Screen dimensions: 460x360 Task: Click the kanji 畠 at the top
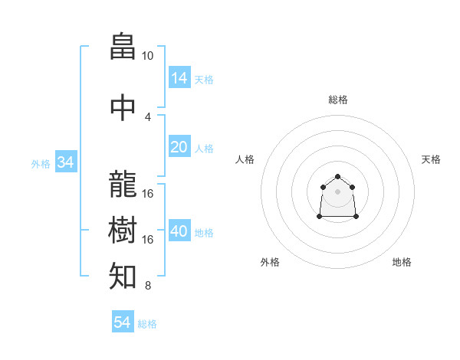(123, 46)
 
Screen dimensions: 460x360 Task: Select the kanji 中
(123, 107)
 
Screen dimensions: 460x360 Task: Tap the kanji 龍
(123, 184)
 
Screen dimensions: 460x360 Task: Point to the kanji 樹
(123, 230)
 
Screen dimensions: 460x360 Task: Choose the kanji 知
(123, 276)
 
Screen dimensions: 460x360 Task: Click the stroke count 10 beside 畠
(147, 56)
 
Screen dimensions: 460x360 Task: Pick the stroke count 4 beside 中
(148, 117)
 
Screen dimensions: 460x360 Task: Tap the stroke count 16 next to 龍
(147, 194)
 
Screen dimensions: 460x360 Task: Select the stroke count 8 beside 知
(148, 285)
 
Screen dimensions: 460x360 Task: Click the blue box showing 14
(179, 77)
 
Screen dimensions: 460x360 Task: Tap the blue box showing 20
(179, 146)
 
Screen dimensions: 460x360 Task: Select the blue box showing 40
(179, 230)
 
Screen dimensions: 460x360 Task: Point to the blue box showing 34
(66, 162)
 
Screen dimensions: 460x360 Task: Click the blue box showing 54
(123, 321)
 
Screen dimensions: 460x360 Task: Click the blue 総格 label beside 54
(147, 324)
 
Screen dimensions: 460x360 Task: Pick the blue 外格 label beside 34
(41, 164)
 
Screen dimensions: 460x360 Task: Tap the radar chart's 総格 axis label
(338, 100)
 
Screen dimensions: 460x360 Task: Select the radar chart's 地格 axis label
(402, 262)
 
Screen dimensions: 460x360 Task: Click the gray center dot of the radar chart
(337, 191)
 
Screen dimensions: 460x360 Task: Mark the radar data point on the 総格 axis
(337, 176)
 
